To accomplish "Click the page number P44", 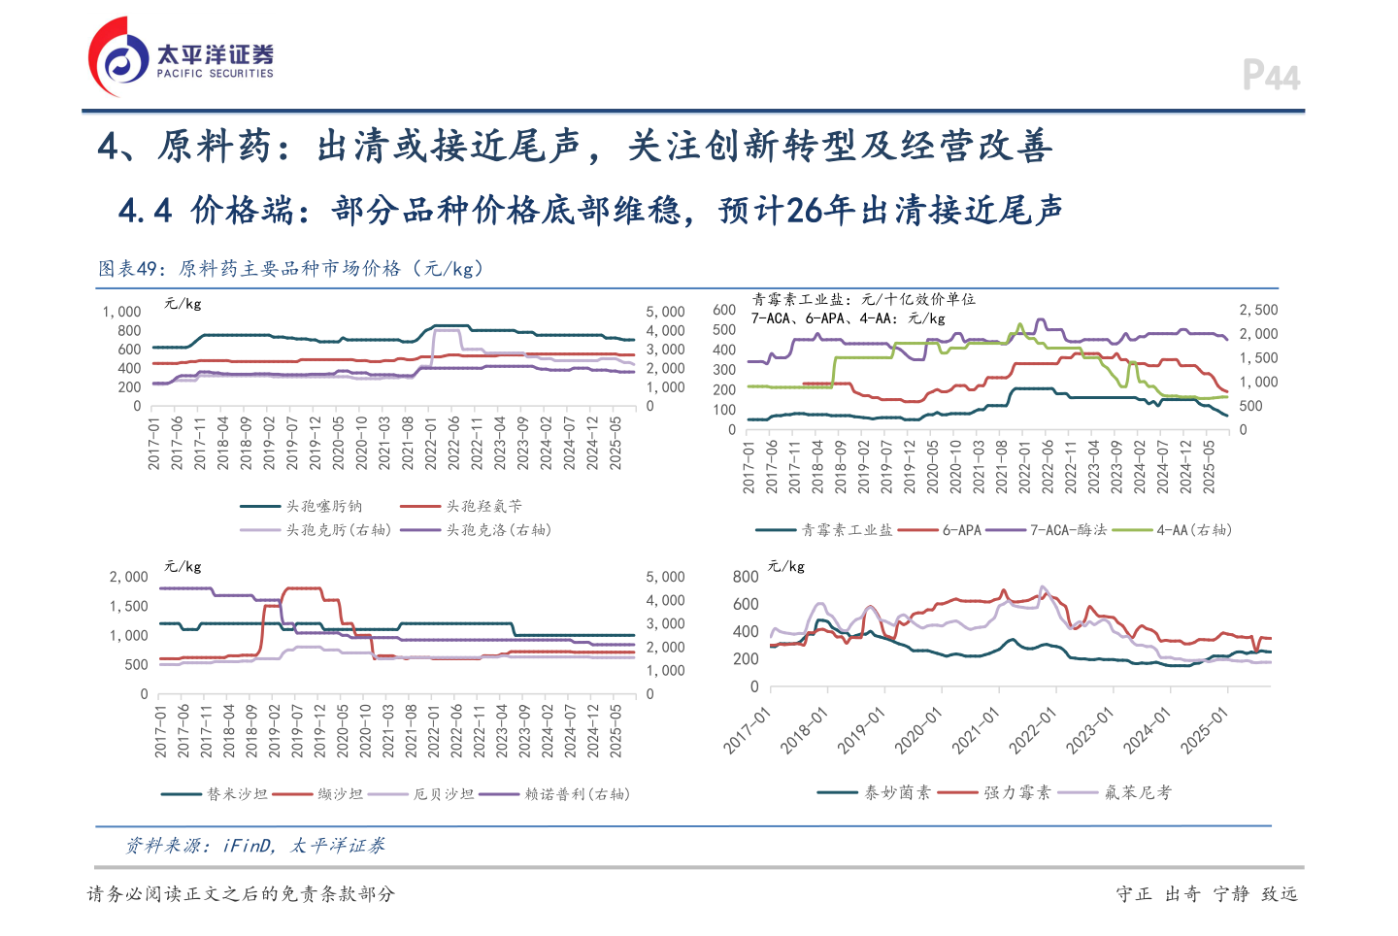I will click(x=1271, y=76).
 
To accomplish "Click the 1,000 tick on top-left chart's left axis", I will click(x=122, y=312).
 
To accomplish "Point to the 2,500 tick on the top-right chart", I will click(x=1258, y=310).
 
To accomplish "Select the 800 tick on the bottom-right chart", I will click(x=746, y=577).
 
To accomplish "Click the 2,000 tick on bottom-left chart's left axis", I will click(x=128, y=577).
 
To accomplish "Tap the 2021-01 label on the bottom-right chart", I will click(x=976, y=730).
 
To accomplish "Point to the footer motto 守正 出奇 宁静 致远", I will click(x=1206, y=894).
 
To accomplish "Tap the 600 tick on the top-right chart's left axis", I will click(x=724, y=310).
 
